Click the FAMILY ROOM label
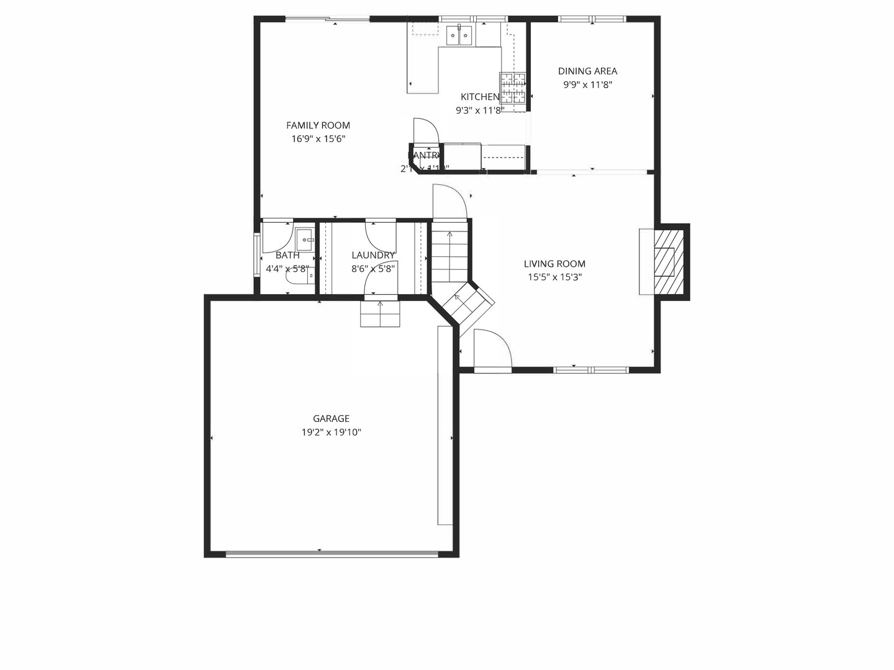tap(318, 125)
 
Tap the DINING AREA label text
tap(587, 71)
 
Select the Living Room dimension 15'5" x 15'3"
tap(554, 277)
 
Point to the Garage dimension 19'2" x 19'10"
tap(331, 432)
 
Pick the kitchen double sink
tap(459, 36)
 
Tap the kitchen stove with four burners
tap(513, 87)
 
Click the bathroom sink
tap(304, 239)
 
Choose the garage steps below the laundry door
tap(380, 313)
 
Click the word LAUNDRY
tap(372, 255)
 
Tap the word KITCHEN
tap(479, 97)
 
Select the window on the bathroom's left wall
tap(256, 254)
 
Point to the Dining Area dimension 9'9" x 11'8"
tap(587, 85)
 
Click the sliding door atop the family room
tap(327, 19)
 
